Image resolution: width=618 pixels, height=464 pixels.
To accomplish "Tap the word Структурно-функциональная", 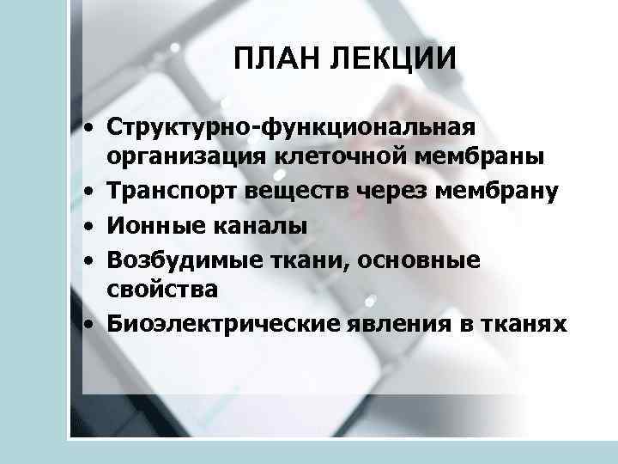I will click(x=291, y=128).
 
